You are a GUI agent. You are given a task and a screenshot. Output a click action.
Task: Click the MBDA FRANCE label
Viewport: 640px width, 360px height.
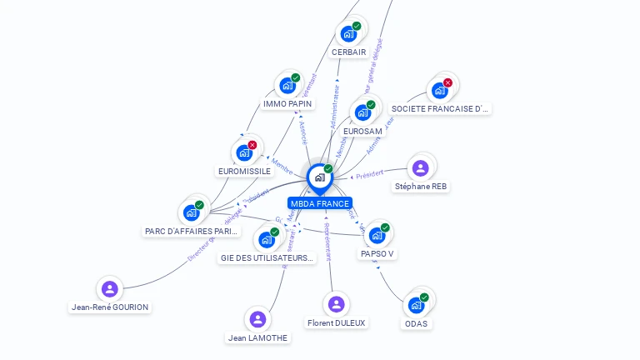(320, 203)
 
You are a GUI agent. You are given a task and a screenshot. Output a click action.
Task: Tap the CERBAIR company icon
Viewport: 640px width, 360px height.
(348, 35)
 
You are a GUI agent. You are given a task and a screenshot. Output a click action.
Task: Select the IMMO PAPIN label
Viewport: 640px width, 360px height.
(287, 104)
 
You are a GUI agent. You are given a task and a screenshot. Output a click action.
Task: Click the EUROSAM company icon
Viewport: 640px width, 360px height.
(362, 112)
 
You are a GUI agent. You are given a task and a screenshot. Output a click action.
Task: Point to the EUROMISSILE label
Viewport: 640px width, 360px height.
(244, 172)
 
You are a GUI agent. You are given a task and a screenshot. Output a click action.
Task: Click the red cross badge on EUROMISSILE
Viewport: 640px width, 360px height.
(252, 145)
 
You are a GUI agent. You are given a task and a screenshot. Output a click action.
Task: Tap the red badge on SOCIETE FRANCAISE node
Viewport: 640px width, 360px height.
(447, 82)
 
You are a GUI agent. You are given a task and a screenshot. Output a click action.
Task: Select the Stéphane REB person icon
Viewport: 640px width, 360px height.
(421, 168)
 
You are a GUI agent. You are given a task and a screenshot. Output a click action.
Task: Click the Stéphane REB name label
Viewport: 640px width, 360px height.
(422, 187)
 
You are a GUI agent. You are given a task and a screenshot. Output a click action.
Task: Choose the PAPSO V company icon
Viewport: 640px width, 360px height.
(377, 236)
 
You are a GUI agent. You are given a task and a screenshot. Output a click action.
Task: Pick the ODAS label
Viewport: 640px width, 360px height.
(417, 323)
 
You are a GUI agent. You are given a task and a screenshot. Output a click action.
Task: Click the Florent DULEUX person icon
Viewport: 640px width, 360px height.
(336, 304)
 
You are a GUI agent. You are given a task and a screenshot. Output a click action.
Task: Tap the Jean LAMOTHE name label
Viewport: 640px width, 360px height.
(258, 337)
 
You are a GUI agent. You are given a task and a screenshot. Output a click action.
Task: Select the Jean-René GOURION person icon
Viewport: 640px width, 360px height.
(109, 289)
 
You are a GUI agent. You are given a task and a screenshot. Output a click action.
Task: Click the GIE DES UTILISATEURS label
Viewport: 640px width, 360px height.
(267, 258)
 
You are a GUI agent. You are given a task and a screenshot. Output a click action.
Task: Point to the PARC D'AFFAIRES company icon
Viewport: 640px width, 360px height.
(192, 212)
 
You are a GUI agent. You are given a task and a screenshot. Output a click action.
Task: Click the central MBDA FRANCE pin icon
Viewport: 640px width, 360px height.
(320, 177)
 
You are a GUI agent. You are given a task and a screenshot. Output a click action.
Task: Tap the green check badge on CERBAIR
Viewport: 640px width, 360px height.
(357, 27)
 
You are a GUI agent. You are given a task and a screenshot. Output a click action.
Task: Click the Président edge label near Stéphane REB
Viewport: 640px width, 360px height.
(368, 174)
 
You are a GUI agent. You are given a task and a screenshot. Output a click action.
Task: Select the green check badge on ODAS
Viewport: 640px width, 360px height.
(424, 297)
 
